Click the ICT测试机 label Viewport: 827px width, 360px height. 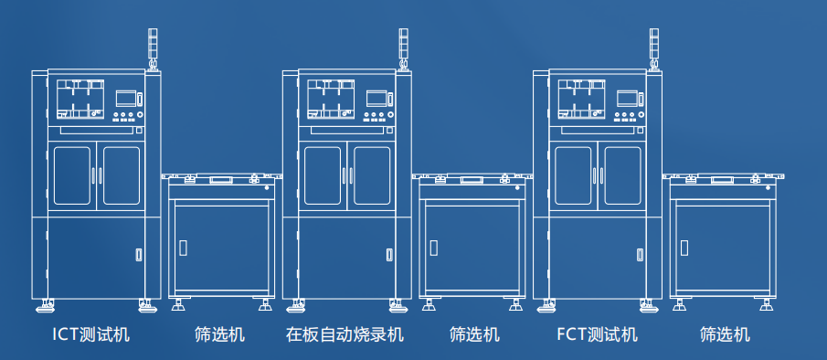pyautogui.click(x=91, y=334)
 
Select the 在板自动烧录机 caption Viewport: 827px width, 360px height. pyautogui.click(x=345, y=334)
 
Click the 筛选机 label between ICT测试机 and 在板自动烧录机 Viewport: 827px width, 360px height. pyautogui.click(x=219, y=334)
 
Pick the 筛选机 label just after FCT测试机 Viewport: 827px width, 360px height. pyautogui.click(x=725, y=334)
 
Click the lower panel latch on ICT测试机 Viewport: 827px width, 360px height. pyautogui.click(x=140, y=254)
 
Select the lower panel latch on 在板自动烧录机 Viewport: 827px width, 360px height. pyautogui.click(x=390, y=254)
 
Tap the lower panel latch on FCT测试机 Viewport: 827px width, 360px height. pyautogui.click(x=640, y=254)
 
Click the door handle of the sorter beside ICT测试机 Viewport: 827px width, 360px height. pyautogui.click(x=183, y=248)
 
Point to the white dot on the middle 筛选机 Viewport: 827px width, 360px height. pyautogui.click(x=518, y=189)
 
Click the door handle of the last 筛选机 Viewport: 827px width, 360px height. pyautogui.click(x=684, y=248)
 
